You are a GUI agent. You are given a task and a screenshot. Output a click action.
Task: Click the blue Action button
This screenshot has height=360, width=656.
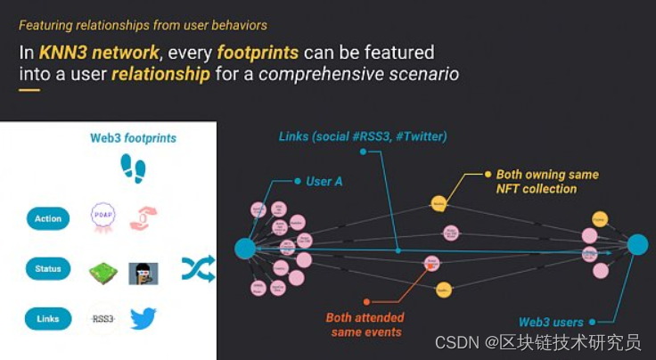pyautogui.click(x=48, y=218)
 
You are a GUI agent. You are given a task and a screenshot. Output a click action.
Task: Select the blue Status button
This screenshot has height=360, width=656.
pyautogui.click(x=48, y=268)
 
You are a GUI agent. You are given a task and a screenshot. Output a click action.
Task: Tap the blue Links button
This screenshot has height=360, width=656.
pyautogui.click(x=48, y=318)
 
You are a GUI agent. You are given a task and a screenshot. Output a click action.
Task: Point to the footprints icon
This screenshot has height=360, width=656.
pyautogui.click(x=133, y=168)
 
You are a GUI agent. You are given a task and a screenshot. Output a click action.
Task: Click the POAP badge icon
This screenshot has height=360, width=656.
pyautogui.click(x=102, y=217)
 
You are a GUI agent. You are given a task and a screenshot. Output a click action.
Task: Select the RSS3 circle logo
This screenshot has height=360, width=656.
pyautogui.click(x=103, y=318)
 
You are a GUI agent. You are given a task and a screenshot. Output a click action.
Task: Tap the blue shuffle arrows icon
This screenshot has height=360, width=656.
pyautogui.click(x=198, y=268)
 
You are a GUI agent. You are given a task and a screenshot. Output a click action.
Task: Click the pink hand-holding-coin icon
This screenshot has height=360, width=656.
pyautogui.click(x=143, y=217)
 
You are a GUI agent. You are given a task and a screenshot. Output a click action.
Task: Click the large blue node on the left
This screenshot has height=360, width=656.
pyautogui.click(x=244, y=248)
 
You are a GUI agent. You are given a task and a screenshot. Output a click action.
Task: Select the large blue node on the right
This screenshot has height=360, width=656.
pyautogui.click(x=637, y=244)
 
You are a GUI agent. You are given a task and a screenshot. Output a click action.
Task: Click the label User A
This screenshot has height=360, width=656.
pyautogui.click(x=324, y=181)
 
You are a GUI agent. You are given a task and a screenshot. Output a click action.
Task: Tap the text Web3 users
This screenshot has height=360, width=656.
pyautogui.click(x=551, y=322)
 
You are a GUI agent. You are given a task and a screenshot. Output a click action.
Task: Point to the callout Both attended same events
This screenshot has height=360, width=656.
pyautogui.click(x=365, y=324)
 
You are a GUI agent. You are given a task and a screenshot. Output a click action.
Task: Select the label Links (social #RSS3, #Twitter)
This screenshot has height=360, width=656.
pyautogui.click(x=362, y=136)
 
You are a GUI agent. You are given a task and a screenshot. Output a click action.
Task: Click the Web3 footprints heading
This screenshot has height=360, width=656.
pyautogui.click(x=133, y=138)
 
